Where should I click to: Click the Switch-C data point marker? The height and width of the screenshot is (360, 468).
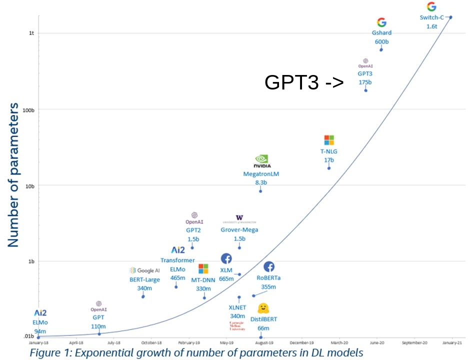tap(450, 17)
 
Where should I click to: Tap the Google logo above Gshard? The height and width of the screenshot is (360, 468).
tap(381, 22)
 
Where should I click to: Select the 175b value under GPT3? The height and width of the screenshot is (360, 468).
tap(365, 82)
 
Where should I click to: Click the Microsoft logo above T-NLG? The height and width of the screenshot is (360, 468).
tap(329, 140)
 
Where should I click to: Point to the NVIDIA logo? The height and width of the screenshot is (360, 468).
tap(262, 162)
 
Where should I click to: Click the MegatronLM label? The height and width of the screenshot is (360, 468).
tap(260, 174)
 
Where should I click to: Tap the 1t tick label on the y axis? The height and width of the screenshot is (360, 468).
tap(31, 33)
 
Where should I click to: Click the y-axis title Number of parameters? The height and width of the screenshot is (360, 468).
tap(13, 174)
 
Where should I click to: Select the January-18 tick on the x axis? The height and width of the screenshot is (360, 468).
tap(38, 343)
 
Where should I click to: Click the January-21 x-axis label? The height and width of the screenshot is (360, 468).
tap(452, 343)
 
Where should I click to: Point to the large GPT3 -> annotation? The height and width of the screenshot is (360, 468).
tap(304, 82)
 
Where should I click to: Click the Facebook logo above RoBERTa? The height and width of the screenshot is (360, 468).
tap(268, 267)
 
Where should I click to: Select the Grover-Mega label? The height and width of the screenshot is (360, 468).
tap(239, 230)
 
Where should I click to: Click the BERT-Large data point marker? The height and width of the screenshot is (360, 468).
tap(143, 296)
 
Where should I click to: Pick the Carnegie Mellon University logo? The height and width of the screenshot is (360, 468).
tap(237, 326)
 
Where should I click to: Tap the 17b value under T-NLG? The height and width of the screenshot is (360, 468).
tap(328, 160)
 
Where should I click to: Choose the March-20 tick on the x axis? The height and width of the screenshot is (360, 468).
tap(339, 343)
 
